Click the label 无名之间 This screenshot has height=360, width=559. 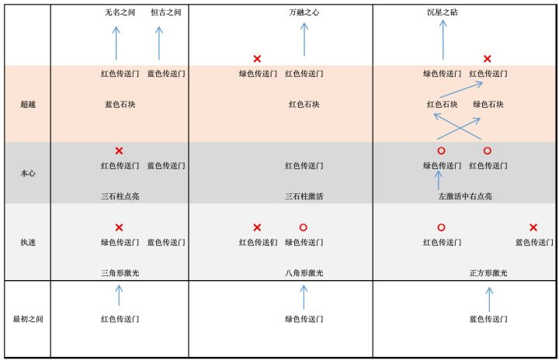point(120,12)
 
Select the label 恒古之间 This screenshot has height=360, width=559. point(166,12)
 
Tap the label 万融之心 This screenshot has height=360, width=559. point(304,12)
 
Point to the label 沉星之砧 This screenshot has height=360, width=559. point(443,12)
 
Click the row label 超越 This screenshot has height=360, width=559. point(28,105)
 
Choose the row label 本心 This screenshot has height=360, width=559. point(28,173)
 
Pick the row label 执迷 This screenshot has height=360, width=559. point(28,242)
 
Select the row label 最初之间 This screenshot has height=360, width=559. point(28,319)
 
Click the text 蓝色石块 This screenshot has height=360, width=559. point(120,105)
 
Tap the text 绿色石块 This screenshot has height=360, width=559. point(488,105)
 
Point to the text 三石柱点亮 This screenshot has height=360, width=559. point(120,196)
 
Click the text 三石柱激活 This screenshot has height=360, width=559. point(304,196)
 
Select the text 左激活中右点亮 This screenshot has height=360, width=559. point(465,196)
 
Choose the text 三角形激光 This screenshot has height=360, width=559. point(120,273)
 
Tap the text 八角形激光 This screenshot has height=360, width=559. point(304,273)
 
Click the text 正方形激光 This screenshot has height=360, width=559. point(488,273)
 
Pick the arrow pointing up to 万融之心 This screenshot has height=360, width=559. point(304,40)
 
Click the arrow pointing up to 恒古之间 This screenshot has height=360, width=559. point(159,43)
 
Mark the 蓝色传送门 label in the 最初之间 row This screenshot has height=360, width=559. point(488,319)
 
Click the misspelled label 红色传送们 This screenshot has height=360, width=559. point(258,242)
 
